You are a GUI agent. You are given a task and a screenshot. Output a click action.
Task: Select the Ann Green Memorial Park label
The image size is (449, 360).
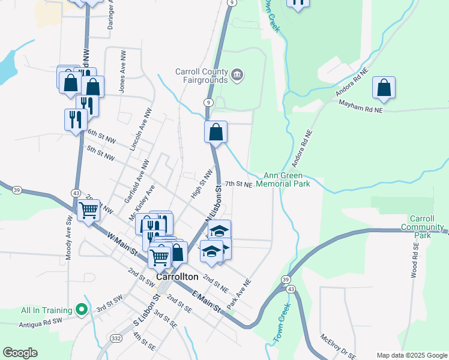coord(283,180)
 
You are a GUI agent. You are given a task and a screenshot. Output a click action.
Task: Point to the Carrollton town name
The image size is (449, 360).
coord(178,277)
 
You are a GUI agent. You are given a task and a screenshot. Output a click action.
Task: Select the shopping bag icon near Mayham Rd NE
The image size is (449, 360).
coord(384,88)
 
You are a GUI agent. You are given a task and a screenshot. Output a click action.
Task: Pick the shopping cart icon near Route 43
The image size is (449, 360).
coord(89,211)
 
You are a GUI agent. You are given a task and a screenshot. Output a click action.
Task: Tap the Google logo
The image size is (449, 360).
coord(20,353)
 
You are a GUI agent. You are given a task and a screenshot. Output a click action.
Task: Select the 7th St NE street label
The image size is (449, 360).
coord(238,184)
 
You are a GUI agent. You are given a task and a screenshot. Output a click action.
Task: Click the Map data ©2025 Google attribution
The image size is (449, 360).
coord(412,355)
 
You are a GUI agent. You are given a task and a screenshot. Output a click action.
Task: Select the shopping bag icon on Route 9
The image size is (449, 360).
coord(215,131)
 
